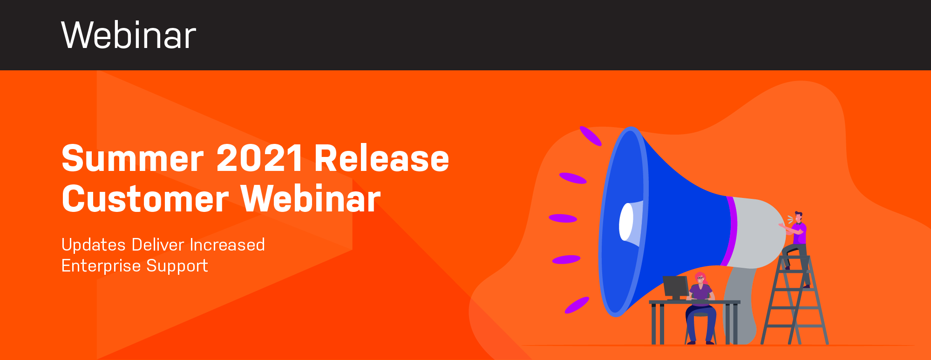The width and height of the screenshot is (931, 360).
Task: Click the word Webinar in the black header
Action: pos(129,35)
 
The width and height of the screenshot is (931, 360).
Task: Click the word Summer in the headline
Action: pos(133,159)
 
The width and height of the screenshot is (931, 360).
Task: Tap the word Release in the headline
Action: pos(382,158)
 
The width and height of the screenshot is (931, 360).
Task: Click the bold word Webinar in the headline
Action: pos(311,199)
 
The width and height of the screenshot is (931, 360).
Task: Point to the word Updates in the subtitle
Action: pos(94,245)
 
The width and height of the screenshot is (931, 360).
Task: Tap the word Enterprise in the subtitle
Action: pos(101,266)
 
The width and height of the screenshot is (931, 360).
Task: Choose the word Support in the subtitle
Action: pos(177,266)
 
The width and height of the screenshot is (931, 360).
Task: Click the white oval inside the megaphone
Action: pos(626,222)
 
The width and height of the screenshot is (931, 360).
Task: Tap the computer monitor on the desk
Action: pos(676,287)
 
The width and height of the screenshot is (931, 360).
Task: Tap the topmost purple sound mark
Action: pos(591,136)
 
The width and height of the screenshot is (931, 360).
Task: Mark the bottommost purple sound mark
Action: pos(577,305)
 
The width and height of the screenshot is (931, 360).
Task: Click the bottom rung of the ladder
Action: pos(795,326)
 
